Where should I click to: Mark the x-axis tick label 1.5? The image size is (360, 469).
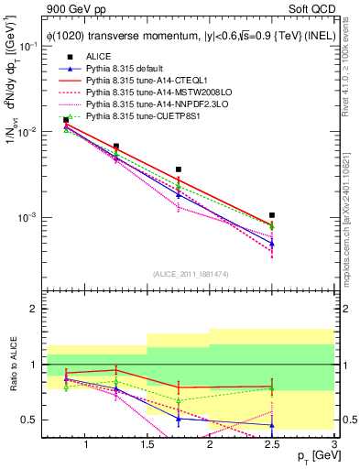click(x=147, y=444)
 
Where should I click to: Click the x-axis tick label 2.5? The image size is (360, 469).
click(x=272, y=444)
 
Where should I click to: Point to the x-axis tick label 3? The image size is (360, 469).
click(x=333, y=444)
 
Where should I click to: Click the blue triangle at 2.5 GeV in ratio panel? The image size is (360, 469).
click(x=272, y=425)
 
